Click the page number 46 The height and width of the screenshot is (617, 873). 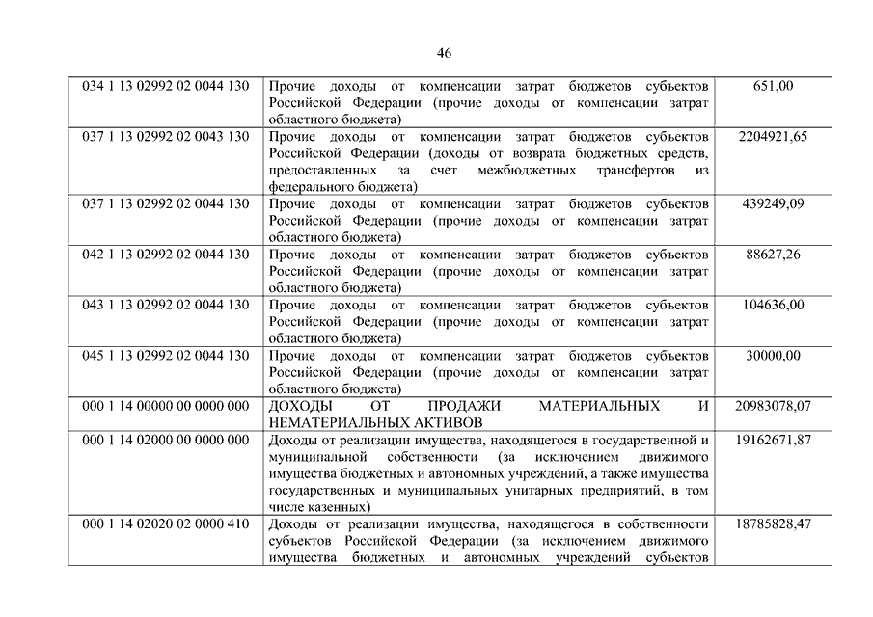[444, 53]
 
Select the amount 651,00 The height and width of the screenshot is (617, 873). [773, 86]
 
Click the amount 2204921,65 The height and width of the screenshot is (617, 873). [773, 137]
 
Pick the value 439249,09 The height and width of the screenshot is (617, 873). [773, 204]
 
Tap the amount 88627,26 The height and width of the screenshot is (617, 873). [773, 255]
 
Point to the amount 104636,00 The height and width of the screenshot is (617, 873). [773, 306]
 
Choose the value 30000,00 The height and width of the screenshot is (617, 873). [773, 356]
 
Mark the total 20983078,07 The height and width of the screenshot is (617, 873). [773, 406]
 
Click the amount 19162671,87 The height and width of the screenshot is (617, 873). [773, 441]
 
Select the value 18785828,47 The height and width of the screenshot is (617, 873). [773, 524]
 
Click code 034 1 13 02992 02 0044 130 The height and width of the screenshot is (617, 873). [166, 86]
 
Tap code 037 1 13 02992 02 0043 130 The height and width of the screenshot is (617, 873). [166, 137]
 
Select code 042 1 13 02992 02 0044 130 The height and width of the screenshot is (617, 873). [166, 255]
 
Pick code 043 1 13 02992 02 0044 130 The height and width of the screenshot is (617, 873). [166, 306]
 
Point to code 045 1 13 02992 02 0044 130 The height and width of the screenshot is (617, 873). [166, 356]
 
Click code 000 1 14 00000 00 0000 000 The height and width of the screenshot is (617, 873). [166, 406]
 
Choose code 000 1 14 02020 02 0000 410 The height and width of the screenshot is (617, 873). [166, 524]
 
